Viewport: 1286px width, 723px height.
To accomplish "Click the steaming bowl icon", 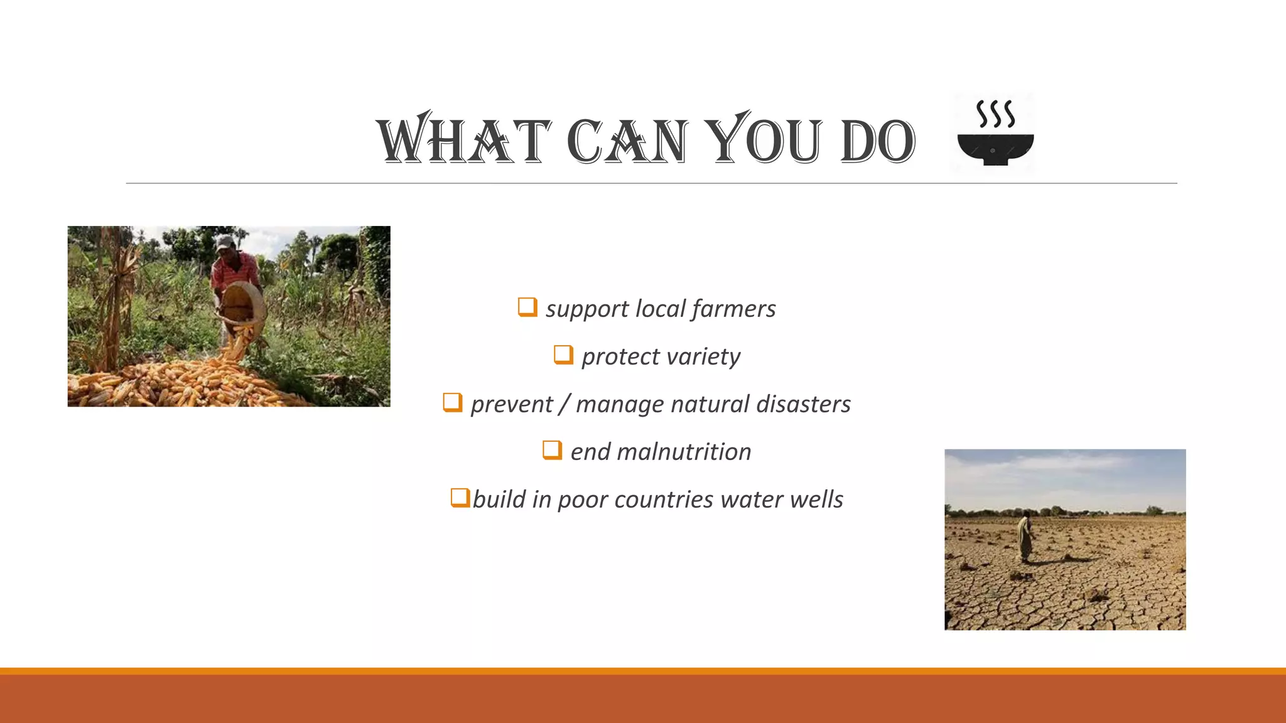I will pyautogui.click(x=995, y=133).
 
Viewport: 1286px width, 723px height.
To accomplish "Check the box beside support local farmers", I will pyautogui.click(x=527, y=307).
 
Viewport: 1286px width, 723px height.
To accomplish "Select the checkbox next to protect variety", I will pyautogui.click(x=563, y=355).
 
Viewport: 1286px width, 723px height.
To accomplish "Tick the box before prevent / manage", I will pyautogui.click(x=452, y=402).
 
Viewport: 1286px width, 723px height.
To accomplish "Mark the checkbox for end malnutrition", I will pyautogui.click(x=552, y=450).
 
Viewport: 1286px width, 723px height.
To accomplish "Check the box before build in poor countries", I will pyautogui.click(x=460, y=498).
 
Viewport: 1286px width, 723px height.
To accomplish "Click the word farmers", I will pyautogui.click(x=733, y=309).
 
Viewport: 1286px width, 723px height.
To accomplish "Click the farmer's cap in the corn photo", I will pyautogui.click(x=224, y=242).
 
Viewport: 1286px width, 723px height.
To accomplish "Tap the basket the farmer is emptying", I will pyautogui.click(x=242, y=304).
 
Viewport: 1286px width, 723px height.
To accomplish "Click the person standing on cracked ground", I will pyautogui.click(x=1025, y=537).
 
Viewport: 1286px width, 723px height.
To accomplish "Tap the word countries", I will pyautogui.click(x=664, y=500).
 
